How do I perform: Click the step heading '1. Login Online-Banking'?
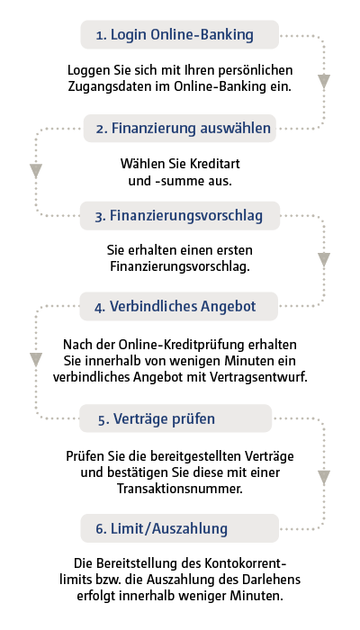coord(175,35)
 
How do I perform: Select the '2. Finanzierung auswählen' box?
coord(180,129)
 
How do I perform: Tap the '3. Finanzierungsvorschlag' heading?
coord(179,216)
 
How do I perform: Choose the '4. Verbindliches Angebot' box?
coord(179,306)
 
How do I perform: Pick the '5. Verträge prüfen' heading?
coord(157,418)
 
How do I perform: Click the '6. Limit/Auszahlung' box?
coord(180,528)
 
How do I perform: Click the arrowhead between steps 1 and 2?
coord(324,82)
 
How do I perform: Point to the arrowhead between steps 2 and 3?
coord(36,171)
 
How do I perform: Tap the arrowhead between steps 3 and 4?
coord(324,260)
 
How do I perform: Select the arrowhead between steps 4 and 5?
coord(36,360)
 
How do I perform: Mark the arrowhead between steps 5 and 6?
coord(324,478)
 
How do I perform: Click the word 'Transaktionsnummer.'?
coord(180,489)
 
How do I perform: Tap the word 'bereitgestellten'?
coord(194,457)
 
